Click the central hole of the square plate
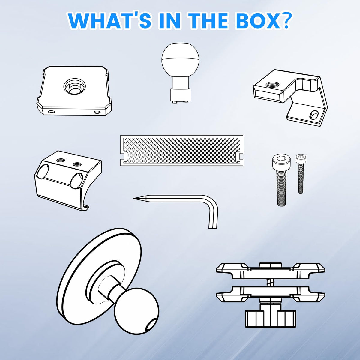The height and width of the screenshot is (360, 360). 74,86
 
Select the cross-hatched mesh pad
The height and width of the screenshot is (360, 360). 181,150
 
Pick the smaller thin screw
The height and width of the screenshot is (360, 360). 301,174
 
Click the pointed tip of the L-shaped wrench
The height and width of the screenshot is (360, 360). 134,198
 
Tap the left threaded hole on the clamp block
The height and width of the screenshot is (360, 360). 60,160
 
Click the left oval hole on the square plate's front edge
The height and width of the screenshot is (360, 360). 51,112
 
